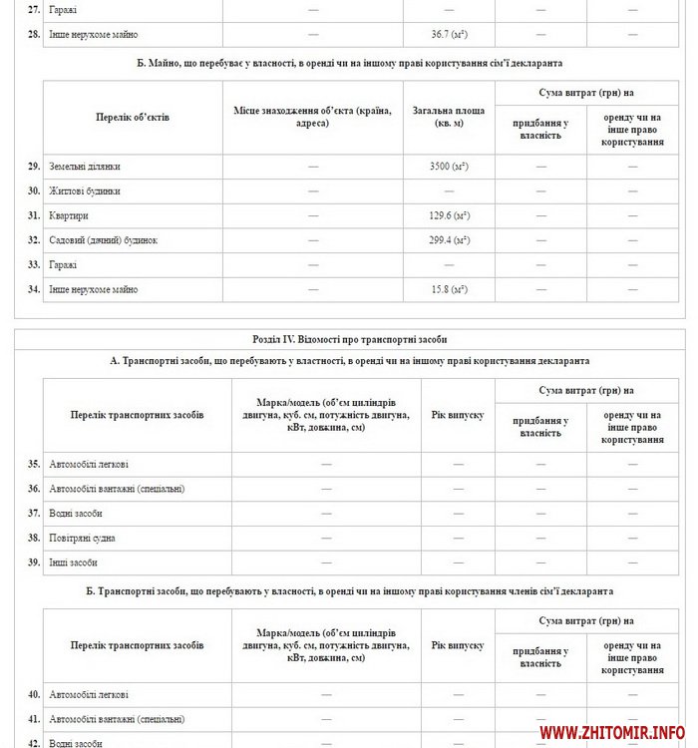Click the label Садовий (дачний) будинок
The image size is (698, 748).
point(104,240)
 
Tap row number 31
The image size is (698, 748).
point(34,214)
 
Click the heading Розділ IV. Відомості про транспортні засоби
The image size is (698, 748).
point(350,339)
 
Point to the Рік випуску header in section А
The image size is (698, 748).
point(459,414)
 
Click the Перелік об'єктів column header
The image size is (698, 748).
point(133,117)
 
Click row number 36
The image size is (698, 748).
point(34,489)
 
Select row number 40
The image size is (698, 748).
point(34,694)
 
